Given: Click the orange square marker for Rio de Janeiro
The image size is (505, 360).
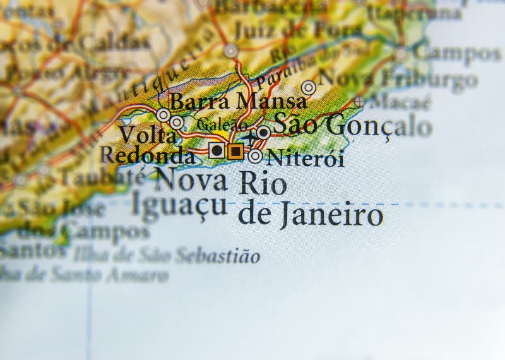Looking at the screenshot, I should (235, 150).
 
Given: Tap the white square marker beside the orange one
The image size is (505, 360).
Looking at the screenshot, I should (217, 150).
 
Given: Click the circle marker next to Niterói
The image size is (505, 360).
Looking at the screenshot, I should (255, 156).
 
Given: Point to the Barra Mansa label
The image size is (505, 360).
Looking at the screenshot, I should (239, 101).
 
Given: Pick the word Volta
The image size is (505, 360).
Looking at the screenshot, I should (146, 134).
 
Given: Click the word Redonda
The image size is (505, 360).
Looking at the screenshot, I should (147, 155).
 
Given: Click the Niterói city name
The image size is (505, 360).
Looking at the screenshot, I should (306, 157).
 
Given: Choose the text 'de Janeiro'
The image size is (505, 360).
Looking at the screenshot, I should (310, 215).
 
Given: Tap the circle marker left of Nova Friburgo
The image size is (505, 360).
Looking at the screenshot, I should (308, 87).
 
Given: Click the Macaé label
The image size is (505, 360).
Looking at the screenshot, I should (400, 101).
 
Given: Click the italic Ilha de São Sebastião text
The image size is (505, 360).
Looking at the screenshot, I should (166, 256).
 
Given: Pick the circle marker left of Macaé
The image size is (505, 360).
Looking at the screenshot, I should (359, 101).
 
